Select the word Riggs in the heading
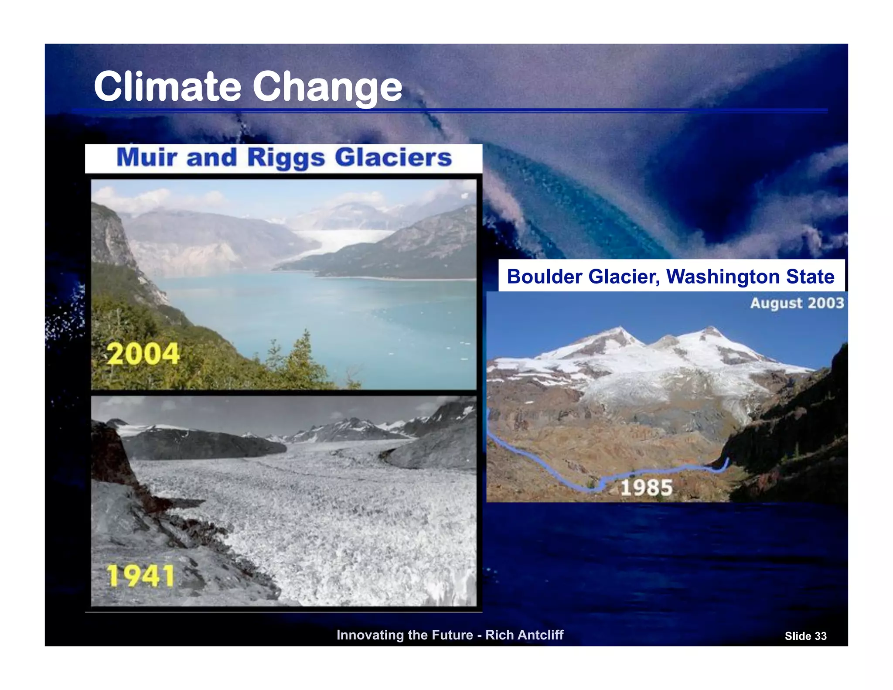tap(286, 158)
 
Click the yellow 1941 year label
tap(140, 576)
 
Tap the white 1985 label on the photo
tap(646, 487)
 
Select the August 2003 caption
tap(797, 303)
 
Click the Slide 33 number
tap(805, 636)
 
